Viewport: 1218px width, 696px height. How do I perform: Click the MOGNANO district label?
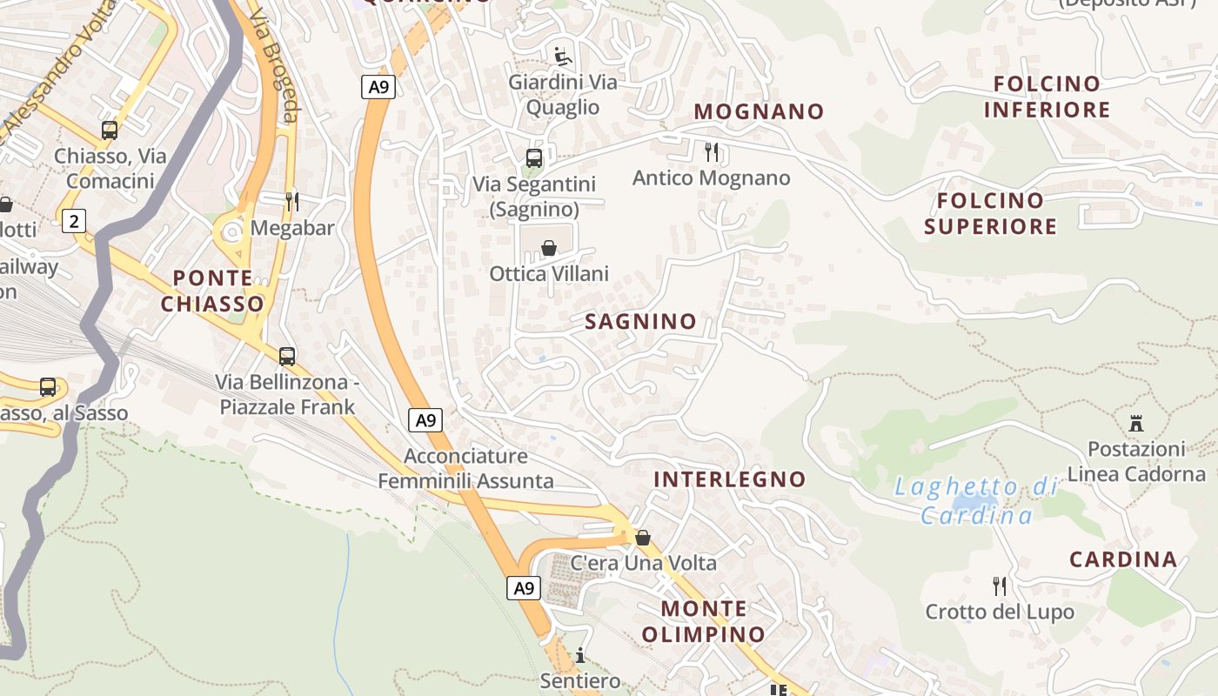point(759,111)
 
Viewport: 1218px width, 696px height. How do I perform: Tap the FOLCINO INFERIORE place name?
point(1047,97)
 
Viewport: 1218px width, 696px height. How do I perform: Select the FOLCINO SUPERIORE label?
point(990,213)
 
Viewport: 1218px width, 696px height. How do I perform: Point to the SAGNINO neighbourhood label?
point(640,321)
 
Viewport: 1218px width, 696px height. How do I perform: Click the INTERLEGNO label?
point(729,479)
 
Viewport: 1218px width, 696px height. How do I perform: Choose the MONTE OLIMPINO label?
point(703,621)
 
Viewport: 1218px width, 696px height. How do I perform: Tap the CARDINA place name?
point(1122,559)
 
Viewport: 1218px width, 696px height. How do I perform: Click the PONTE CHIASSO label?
point(212,291)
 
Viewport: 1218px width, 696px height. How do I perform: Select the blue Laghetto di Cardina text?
point(976,501)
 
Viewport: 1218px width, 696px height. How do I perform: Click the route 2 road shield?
point(74,221)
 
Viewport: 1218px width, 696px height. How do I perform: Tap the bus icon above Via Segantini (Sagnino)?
point(534,158)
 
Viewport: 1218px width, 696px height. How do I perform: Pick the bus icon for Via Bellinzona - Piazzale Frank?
point(287,356)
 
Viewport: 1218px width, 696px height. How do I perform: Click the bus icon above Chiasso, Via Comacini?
point(110,130)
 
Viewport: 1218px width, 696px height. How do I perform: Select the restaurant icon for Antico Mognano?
point(712,152)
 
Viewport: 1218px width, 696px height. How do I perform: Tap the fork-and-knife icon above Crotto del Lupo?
point(1000,586)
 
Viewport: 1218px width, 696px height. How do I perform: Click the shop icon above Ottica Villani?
point(549,249)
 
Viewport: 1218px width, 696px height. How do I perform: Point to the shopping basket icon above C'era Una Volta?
point(643,538)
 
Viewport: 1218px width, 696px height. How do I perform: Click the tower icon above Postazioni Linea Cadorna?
point(1135,424)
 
